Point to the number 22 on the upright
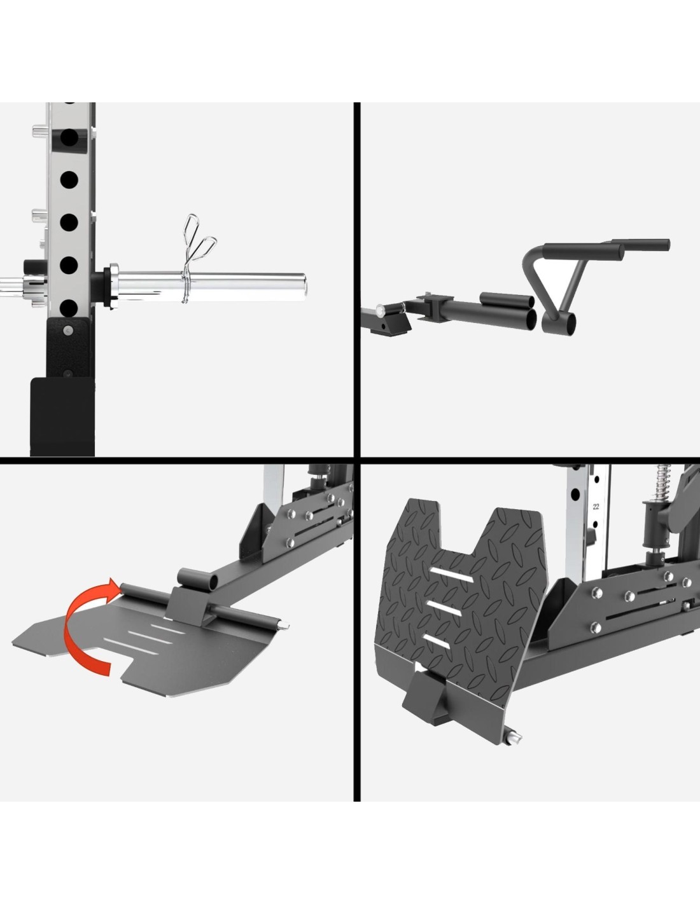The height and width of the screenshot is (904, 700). pos(596,507)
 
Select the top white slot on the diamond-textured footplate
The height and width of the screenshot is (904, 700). pos(451,575)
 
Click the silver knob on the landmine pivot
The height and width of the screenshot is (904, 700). pos(380,310)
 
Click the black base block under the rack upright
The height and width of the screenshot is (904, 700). pos(62,416)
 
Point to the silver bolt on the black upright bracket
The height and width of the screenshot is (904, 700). pos(68,331)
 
